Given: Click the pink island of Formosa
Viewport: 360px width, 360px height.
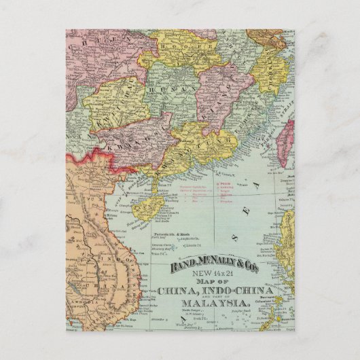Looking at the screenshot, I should (289, 142).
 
